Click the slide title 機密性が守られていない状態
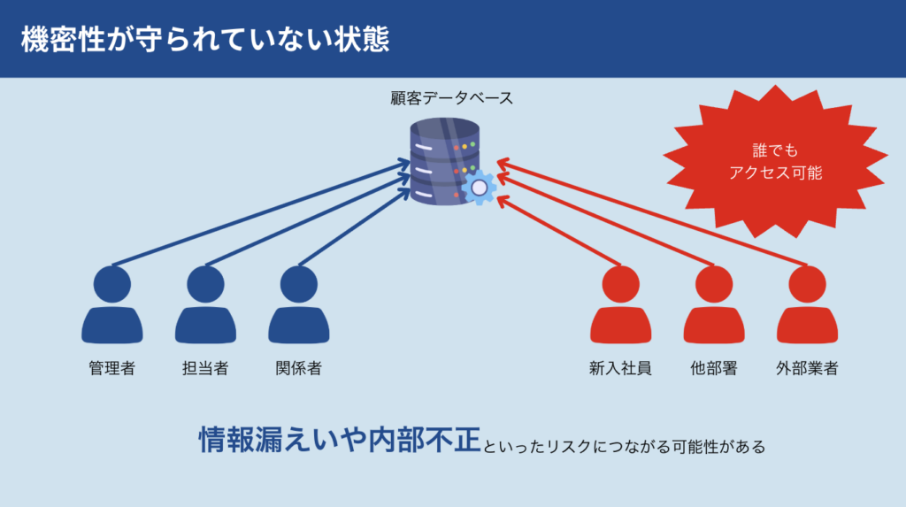205,39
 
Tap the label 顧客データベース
452,98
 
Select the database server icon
445,161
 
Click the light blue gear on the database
479,188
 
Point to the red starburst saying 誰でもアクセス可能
775,162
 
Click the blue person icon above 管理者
112,304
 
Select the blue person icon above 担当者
205,304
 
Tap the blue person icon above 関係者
299,304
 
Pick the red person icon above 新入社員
620,304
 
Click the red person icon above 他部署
714,304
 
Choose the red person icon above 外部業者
807,304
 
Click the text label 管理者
112,368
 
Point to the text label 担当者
205,368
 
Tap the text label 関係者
299,368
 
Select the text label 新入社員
620,368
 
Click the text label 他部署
714,368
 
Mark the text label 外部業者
807,368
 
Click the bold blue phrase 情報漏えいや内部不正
340,440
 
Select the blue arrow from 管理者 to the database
261,214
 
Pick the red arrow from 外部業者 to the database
652,212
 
